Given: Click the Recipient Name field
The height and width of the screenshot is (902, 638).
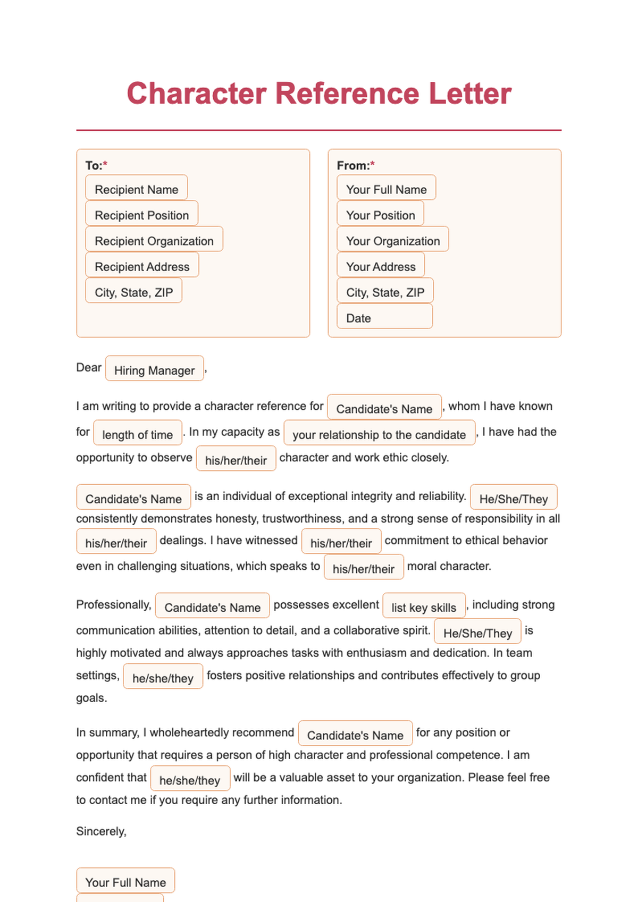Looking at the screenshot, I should click(x=136, y=188).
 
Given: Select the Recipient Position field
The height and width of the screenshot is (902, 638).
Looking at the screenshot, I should click(x=141, y=214).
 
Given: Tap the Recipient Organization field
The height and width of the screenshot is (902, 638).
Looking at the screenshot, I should click(x=154, y=240).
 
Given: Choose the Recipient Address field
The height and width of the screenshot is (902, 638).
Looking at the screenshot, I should click(x=142, y=265).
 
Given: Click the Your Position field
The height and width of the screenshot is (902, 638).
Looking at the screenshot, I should click(x=380, y=214).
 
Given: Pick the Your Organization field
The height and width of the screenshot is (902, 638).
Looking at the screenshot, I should click(x=392, y=240).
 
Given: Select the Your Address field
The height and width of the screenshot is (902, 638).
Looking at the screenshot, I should click(x=381, y=265).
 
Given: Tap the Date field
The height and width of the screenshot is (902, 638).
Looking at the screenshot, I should click(x=384, y=317).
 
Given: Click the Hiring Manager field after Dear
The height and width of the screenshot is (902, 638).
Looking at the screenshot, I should click(x=154, y=369).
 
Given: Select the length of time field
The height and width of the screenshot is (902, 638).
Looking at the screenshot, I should click(x=137, y=433).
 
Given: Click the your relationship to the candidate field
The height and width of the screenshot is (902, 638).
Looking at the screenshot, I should click(x=379, y=433).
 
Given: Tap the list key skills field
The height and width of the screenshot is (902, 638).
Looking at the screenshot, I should click(x=424, y=606).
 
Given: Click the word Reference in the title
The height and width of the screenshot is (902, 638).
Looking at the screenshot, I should click(x=347, y=94).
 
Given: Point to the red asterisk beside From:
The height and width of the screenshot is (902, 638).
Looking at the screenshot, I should click(x=373, y=164).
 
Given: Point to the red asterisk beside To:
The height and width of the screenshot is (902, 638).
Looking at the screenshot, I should click(x=105, y=164).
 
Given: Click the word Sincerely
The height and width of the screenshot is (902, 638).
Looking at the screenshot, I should click(x=101, y=831).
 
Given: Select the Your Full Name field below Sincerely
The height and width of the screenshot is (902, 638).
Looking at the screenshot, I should click(x=125, y=881).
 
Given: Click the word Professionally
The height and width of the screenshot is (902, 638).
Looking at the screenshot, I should click(x=113, y=605).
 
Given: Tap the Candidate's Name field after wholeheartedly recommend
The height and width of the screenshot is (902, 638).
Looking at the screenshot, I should click(x=355, y=734).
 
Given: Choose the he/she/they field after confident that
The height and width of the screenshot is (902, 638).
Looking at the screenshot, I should click(x=190, y=779).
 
